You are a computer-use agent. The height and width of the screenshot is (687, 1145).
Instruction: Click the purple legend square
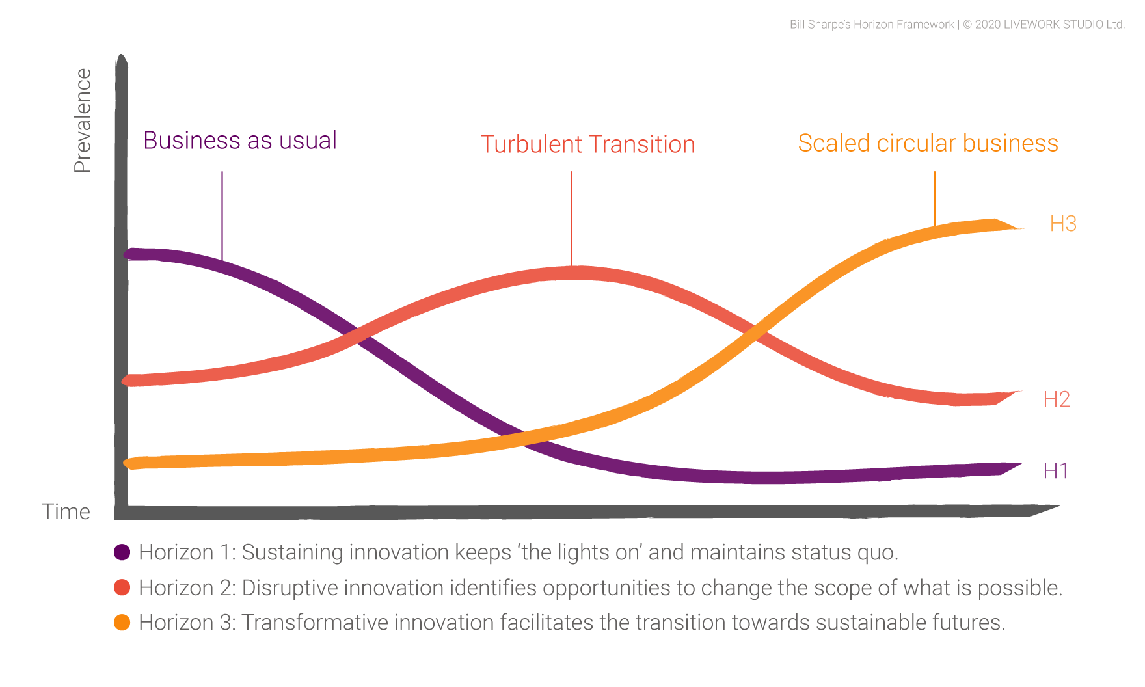click(126, 553)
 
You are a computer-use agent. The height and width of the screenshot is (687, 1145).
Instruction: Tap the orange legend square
click(127, 630)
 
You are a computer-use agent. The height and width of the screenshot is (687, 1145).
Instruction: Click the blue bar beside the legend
click(236, 570)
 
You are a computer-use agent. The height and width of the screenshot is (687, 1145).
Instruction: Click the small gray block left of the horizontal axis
click(73, 511)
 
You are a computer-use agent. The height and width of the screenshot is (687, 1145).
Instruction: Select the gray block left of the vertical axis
click(88, 128)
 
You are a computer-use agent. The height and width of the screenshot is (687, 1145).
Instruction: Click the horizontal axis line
click(625, 512)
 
